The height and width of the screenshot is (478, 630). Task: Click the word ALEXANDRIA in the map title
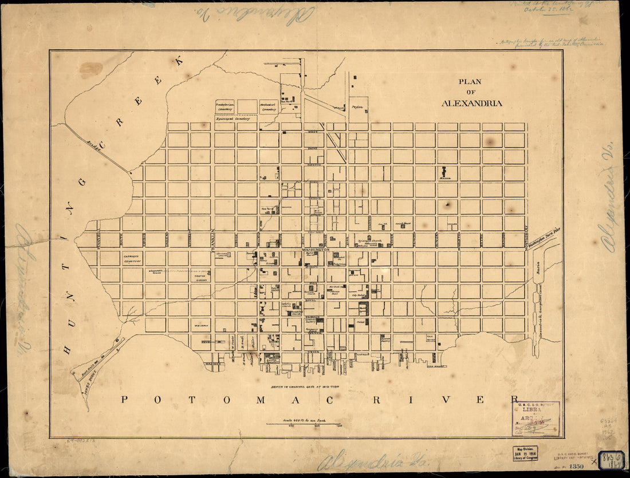(472, 104)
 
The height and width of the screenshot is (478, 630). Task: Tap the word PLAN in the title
(470, 82)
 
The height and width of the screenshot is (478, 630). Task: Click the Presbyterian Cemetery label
(225, 106)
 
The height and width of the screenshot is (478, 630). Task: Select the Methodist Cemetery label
(268, 106)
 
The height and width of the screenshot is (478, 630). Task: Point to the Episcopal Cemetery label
(235, 118)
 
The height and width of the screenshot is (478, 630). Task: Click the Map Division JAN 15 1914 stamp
(525, 453)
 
